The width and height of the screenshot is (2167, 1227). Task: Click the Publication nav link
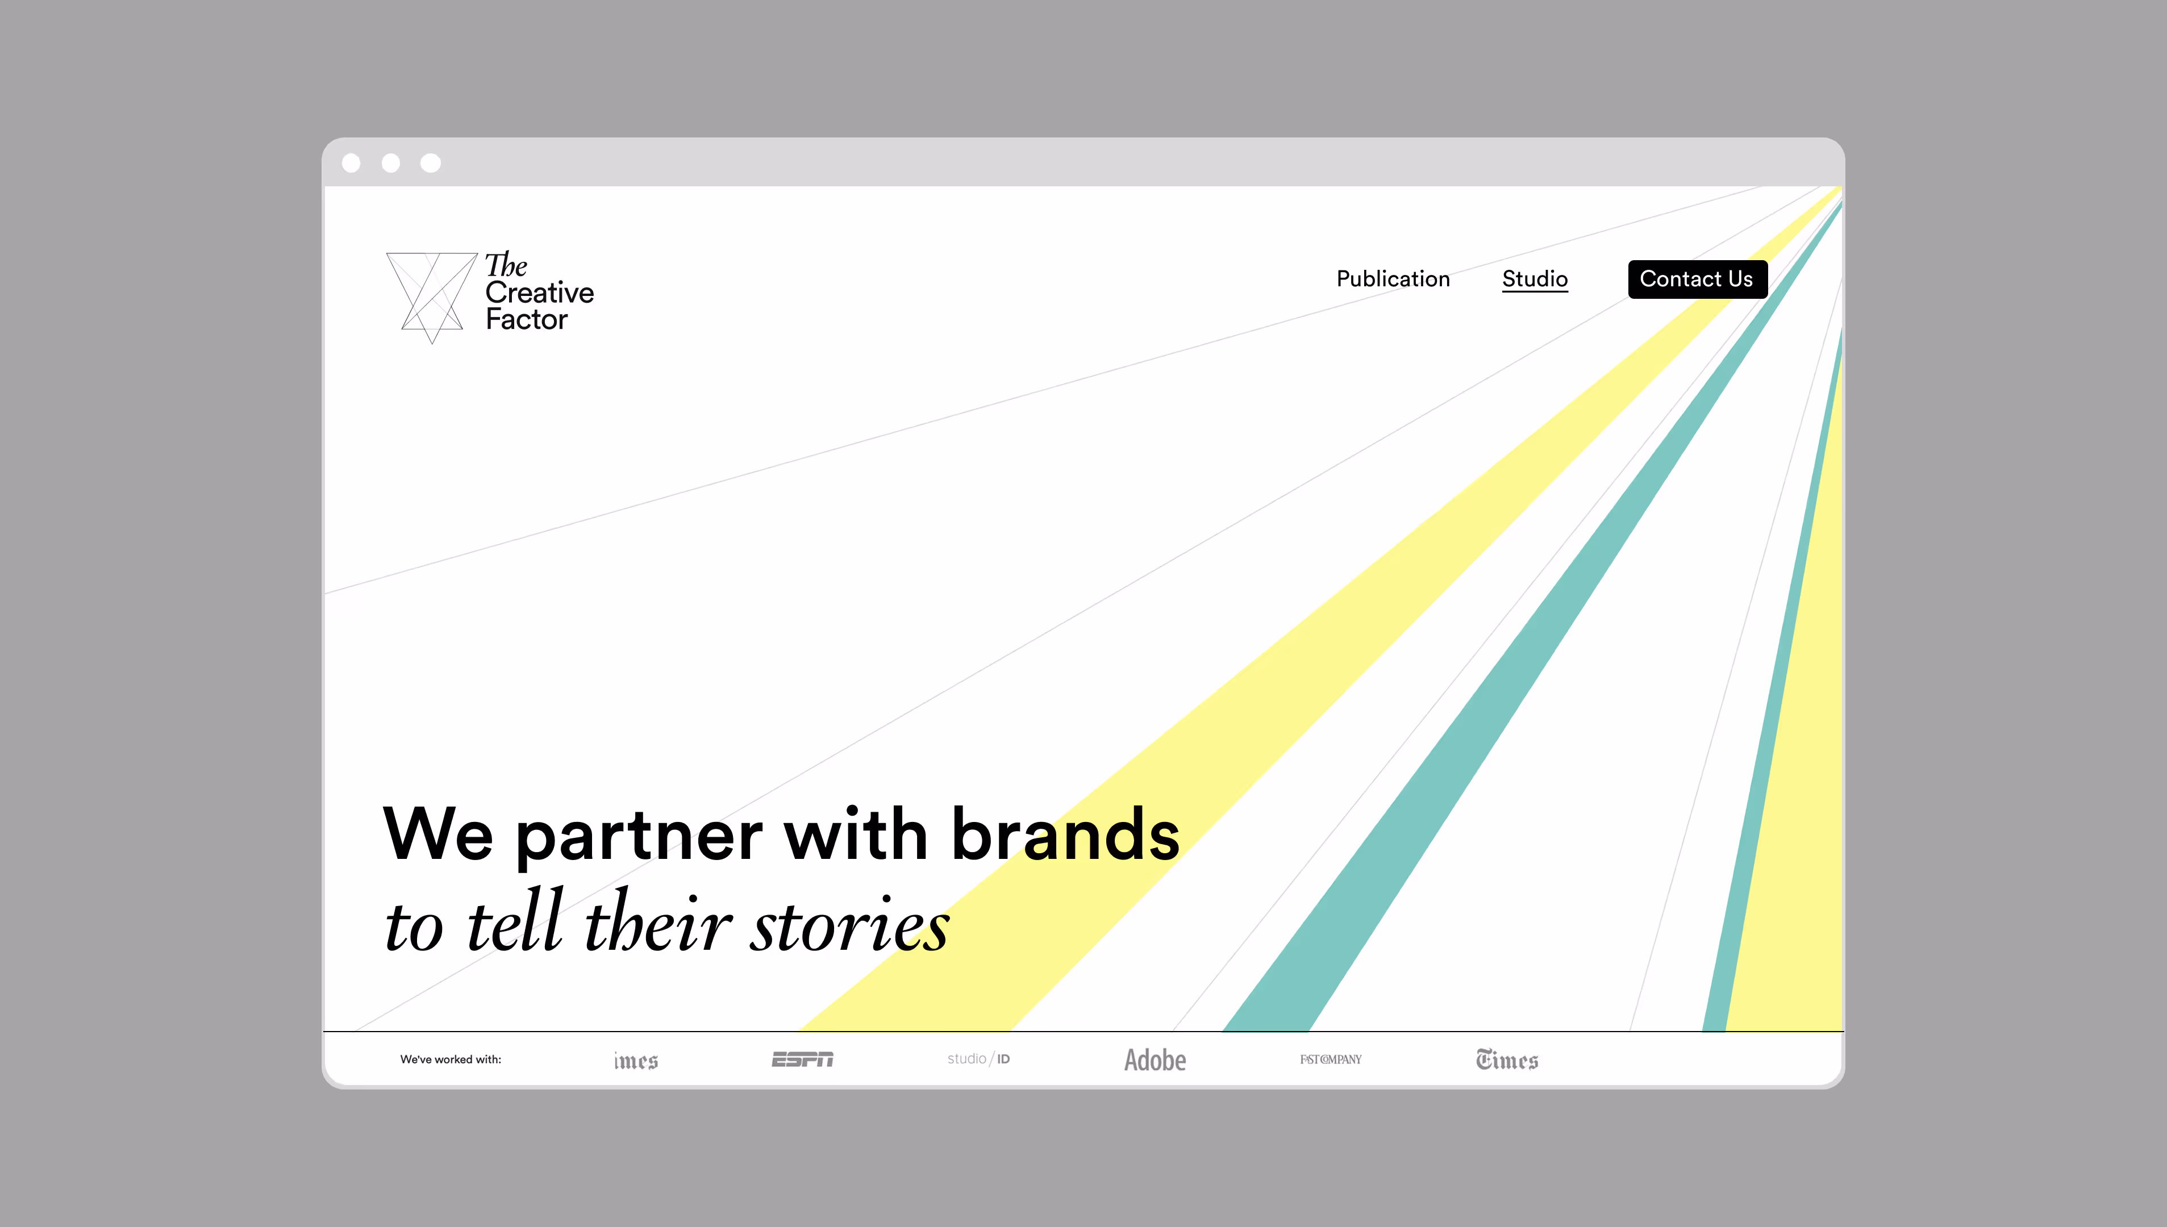pyautogui.click(x=1393, y=279)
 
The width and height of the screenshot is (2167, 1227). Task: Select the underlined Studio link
pyautogui.click(x=1534, y=279)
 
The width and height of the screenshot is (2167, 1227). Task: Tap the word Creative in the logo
pyautogui.click(x=539, y=293)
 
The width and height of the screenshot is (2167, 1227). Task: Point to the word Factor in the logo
pyautogui.click(x=527, y=319)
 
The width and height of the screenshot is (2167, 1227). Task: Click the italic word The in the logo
pyautogui.click(x=506, y=265)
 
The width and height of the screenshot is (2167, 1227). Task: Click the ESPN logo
pyautogui.click(x=802, y=1059)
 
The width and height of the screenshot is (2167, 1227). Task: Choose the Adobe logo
pyautogui.click(x=1155, y=1060)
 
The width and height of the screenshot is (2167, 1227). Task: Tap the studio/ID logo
pyautogui.click(x=978, y=1059)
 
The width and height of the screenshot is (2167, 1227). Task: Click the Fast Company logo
pyautogui.click(x=1330, y=1059)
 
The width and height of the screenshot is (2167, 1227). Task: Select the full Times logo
pyautogui.click(x=1507, y=1060)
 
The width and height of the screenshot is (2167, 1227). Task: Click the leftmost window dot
pyautogui.click(x=352, y=162)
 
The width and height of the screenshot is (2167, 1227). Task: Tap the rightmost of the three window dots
pyautogui.click(x=431, y=162)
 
